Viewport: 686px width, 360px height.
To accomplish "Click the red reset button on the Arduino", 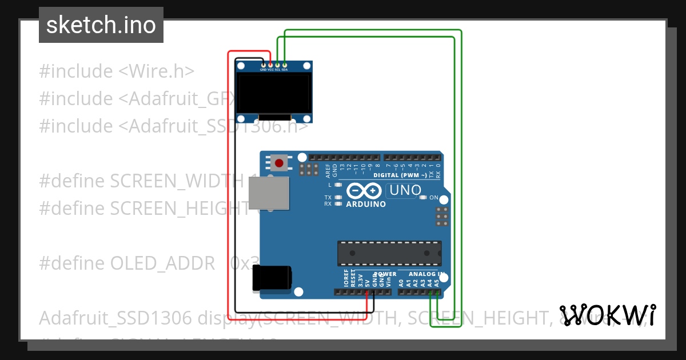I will point(279,164).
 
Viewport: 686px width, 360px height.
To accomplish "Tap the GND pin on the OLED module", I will point(264,65).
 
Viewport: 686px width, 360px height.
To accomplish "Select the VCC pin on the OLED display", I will point(270,65).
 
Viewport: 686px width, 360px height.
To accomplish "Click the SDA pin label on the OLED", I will point(284,69).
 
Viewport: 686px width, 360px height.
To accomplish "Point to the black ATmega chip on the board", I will point(389,253).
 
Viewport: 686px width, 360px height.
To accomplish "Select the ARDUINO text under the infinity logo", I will point(366,204).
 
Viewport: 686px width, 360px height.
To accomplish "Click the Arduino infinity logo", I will point(363,191).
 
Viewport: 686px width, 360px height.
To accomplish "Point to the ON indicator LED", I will point(423,198).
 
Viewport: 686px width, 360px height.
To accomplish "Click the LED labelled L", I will point(338,185).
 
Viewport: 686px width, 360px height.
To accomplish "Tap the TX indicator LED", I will point(338,197).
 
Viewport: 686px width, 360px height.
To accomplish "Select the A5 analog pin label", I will point(437,282).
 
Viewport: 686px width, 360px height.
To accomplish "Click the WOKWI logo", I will point(608,315).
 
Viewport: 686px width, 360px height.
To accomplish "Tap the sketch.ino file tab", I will point(101,25).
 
